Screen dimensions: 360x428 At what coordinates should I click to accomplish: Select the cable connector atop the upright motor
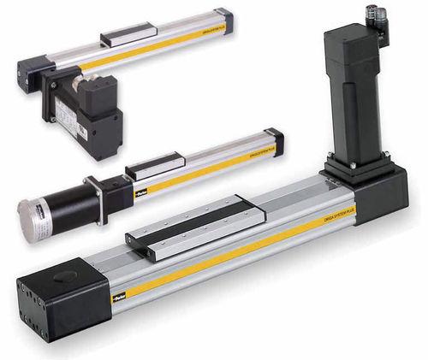click(x=376, y=16)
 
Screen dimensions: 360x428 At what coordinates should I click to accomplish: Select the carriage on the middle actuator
click(x=155, y=164)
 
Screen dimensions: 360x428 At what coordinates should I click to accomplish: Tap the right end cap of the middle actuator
click(x=274, y=140)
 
